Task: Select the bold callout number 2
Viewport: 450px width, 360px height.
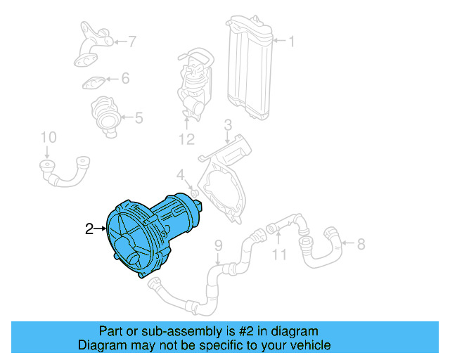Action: click(89, 228)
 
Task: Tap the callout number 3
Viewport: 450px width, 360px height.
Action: click(227, 126)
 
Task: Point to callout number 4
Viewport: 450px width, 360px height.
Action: click(180, 174)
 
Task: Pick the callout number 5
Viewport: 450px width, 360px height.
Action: click(139, 117)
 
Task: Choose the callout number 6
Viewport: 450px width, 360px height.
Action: click(125, 78)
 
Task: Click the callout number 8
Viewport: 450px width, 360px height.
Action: click(361, 244)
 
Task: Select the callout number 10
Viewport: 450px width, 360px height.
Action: click(47, 136)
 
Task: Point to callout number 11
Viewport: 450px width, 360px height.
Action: click(280, 253)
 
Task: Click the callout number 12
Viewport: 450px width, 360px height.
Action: click(186, 139)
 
